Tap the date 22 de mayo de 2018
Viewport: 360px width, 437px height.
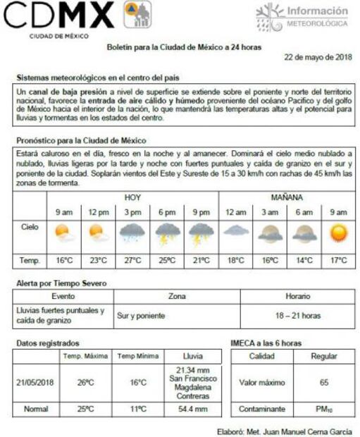pyautogui.click(x=318, y=57)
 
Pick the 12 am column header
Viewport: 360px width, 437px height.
pyautogui.click(x=235, y=212)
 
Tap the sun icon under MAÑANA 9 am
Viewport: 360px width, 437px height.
pyautogui.click(x=340, y=233)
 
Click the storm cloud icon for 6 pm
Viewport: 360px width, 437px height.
pyautogui.click(x=167, y=233)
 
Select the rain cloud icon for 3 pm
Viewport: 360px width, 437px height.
pyautogui.click(x=132, y=233)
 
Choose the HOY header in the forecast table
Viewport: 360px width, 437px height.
pyautogui.click(x=132, y=197)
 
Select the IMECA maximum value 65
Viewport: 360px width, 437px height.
pyautogui.click(x=324, y=383)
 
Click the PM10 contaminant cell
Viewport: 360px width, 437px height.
pyautogui.click(x=324, y=409)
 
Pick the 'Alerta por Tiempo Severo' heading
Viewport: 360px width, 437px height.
pyautogui.click(x=61, y=283)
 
